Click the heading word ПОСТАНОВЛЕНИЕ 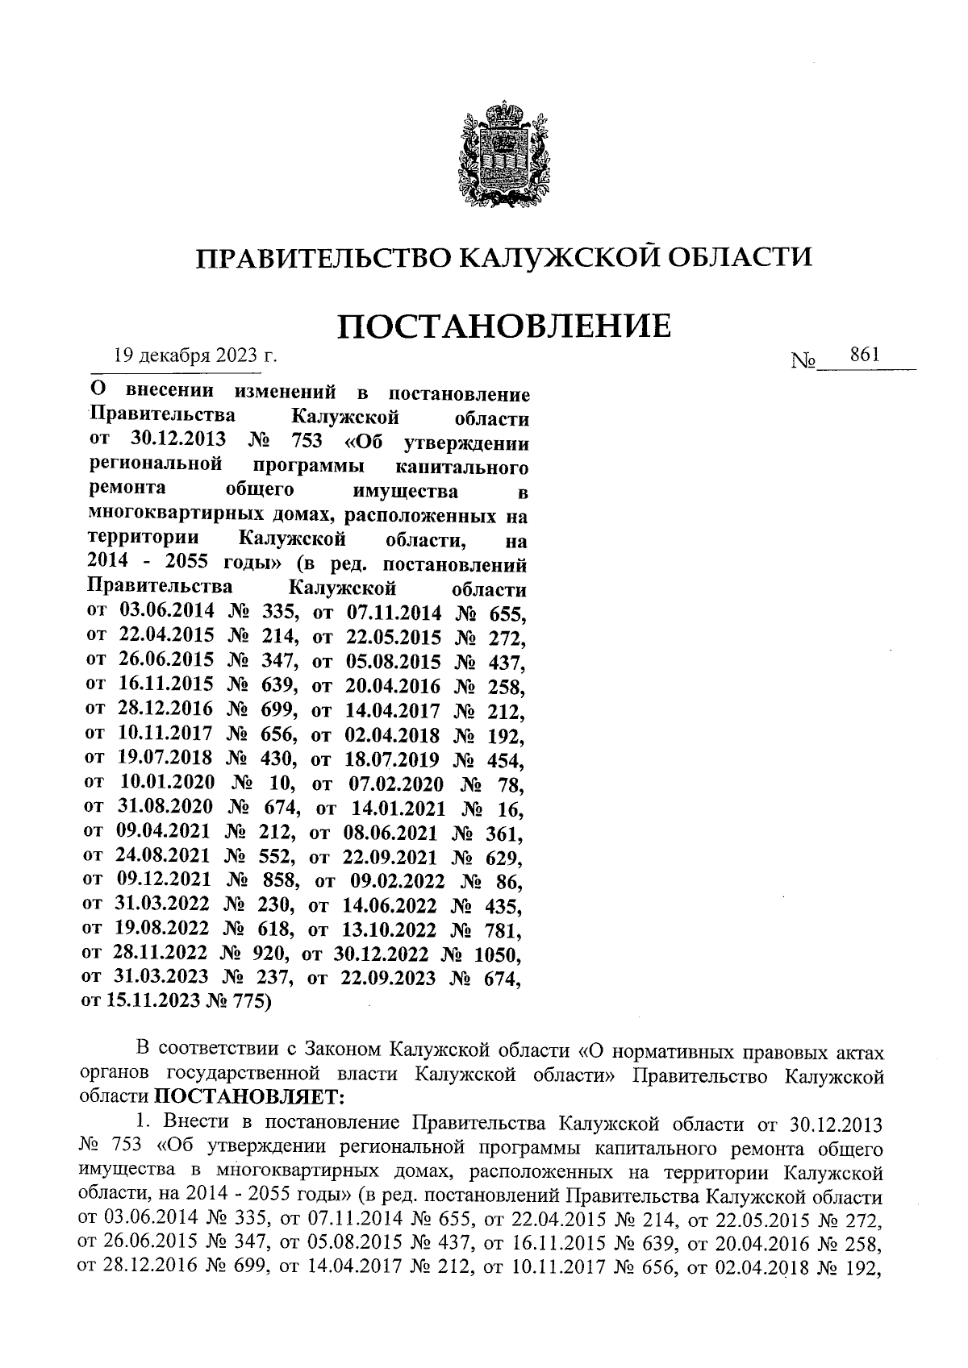pos(503,326)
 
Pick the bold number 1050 pos(496,954)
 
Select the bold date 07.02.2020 pos(395,783)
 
